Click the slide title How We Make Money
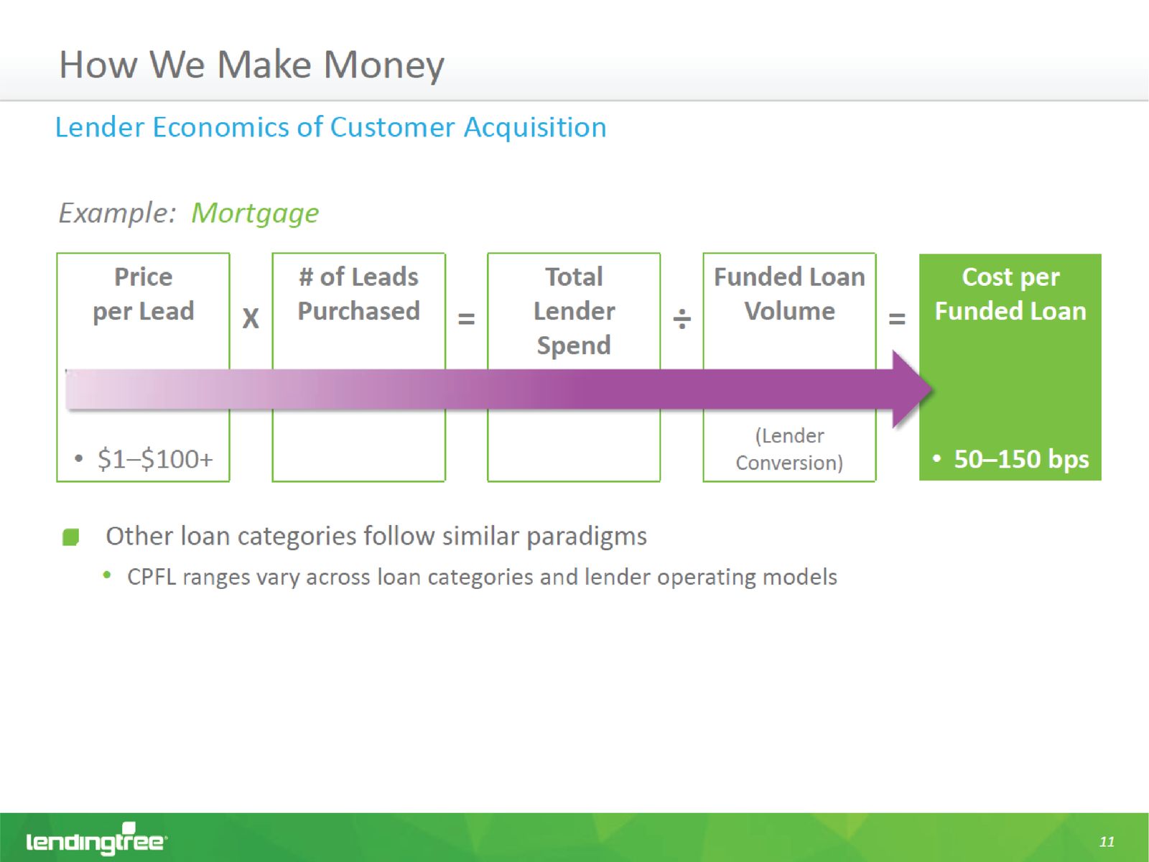click(x=252, y=66)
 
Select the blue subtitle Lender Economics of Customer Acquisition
click(x=331, y=128)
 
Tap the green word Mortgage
click(x=255, y=214)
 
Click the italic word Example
click(x=117, y=214)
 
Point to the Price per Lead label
click(x=144, y=294)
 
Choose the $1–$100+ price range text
click(x=155, y=459)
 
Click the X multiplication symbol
click(x=251, y=318)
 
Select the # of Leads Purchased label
click(x=358, y=294)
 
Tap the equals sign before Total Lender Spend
click(x=466, y=318)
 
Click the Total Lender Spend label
click(x=574, y=312)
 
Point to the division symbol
click(x=682, y=318)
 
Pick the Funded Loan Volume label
click(x=789, y=294)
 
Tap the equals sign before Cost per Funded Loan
click(x=897, y=318)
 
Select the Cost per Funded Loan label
click(x=1010, y=294)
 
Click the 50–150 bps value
click(x=1021, y=459)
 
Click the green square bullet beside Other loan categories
click(x=70, y=537)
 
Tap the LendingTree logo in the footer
click(x=96, y=839)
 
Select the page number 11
click(x=1107, y=842)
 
